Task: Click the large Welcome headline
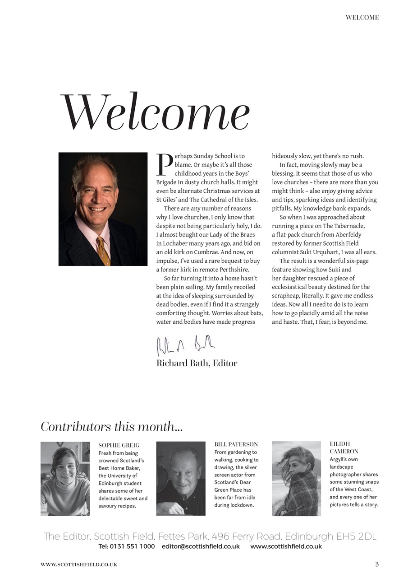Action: [155, 112]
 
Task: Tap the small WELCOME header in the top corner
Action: [362, 18]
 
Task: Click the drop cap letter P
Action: [165, 164]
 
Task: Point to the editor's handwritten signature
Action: [185, 345]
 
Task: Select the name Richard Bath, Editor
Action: [197, 363]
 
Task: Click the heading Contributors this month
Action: [111, 426]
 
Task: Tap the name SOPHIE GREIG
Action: [119, 445]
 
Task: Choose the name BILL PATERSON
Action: [236, 444]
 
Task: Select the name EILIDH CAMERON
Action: [344, 447]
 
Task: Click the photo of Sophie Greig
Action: [65, 479]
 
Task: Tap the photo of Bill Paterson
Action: [181, 479]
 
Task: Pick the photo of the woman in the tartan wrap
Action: [296, 479]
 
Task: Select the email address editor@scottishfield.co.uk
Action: [201, 546]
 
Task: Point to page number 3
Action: [377, 564]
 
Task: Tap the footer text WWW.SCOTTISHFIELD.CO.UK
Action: [79, 564]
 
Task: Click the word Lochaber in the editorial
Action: [175, 243]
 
